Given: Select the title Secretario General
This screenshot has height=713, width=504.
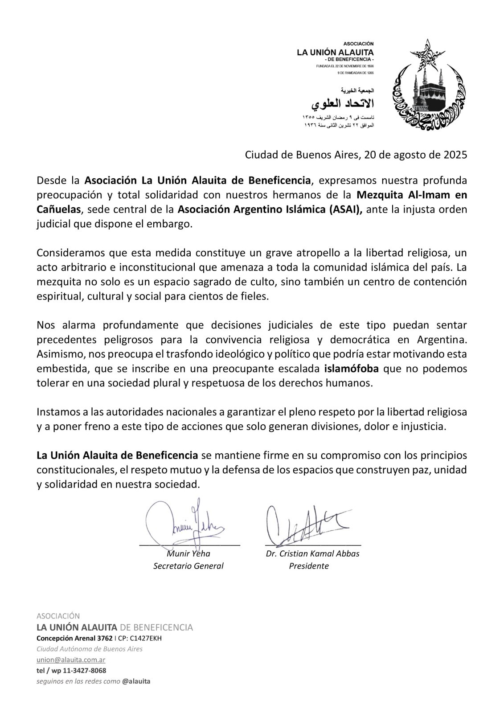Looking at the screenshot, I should click(x=188, y=566).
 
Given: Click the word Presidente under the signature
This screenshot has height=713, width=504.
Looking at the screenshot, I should click(x=309, y=566).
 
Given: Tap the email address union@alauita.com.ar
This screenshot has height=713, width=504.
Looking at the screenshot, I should click(x=71, y=660).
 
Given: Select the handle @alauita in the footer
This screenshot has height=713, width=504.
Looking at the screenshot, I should click(x=136, y=681).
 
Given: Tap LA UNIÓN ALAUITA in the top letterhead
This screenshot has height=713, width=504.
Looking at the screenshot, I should click(x=336, y=53).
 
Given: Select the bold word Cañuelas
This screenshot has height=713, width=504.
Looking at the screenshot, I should click(x=58, y=209).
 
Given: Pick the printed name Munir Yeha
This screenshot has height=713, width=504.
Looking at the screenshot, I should click(x=188, y=553).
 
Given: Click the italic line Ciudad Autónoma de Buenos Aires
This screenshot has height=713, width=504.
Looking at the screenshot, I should click(x=89, y=649).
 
